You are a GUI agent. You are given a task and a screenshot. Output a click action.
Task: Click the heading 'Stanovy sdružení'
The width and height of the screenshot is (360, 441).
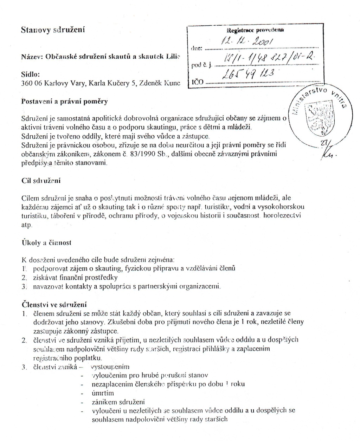pyautogui.click(x=53, y=30)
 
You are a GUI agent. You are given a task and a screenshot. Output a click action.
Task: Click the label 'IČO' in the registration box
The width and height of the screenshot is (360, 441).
pyautogui.click(x=196, y=83)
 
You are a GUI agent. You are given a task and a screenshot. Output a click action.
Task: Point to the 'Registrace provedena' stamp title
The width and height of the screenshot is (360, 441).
pyautogui.click(x=256, y=31)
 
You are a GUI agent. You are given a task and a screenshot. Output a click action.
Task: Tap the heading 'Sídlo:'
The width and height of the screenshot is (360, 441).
pyautogui.click(x=31, y=74)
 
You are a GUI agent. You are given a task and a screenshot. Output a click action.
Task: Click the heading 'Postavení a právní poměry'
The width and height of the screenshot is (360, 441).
pyautogui.click(x=64, y=102)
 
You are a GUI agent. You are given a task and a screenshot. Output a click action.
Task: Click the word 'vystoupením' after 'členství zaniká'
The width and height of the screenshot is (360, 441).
pyautogui.click(x=110, y=367)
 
